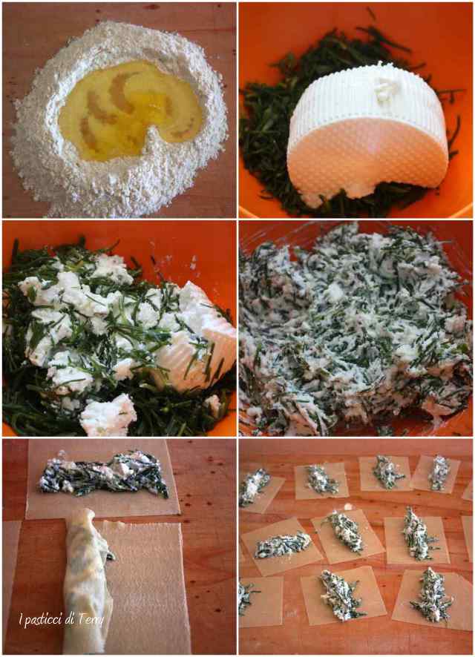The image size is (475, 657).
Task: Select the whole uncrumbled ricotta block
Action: pos(366,133)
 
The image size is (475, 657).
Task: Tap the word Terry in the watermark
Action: pos(91,619)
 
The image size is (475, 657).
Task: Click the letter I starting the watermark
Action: pos(21,618)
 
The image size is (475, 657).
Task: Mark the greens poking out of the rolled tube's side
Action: pos(110,556)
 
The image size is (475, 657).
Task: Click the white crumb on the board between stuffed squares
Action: pos(348,507)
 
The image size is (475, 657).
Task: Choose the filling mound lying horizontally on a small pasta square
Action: pos(282,545)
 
